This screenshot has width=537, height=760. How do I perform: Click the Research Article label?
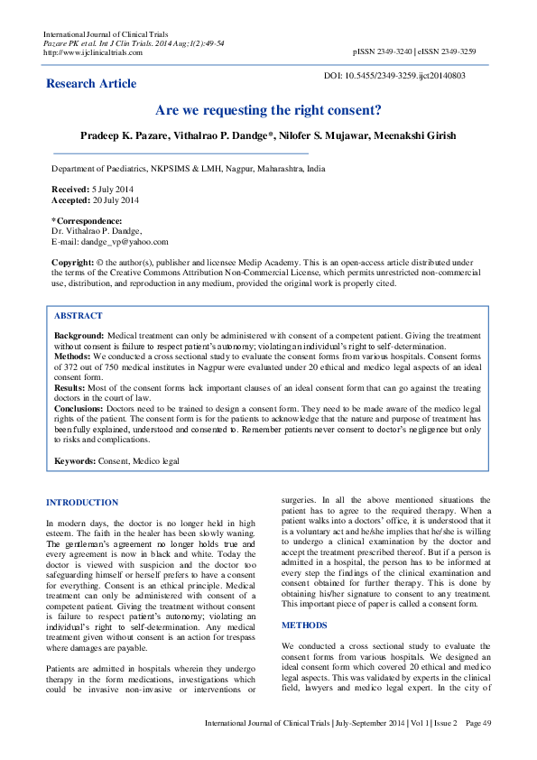(92, 84)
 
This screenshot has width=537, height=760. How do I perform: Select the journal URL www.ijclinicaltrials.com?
(93, 52)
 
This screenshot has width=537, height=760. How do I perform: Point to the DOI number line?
(394, 76)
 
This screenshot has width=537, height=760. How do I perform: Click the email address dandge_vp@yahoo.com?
(125, 241)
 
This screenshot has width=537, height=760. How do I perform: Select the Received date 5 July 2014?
(112, 190)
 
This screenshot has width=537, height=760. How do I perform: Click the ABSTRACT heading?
(79, 316)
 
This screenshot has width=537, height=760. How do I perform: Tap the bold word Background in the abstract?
(79, 335)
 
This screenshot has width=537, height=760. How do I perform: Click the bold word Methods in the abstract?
(72, 356)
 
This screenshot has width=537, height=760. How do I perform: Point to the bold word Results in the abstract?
(69, 386)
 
